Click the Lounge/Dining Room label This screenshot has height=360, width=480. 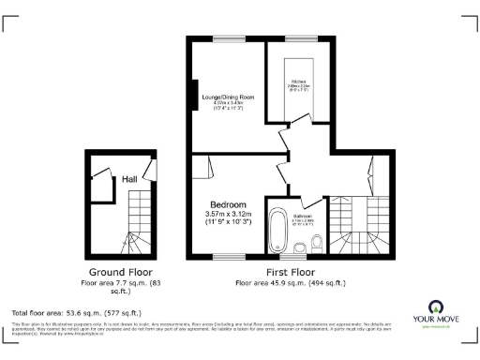coord(230,97)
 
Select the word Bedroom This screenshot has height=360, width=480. coord(228,204)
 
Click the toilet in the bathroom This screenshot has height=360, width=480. coord(318,245)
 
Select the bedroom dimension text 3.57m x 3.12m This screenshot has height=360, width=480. coord(228,215)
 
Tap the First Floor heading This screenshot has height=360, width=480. coord(288,271)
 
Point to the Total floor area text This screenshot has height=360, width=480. coord(76,312)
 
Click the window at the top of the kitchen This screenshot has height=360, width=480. coord(295,38)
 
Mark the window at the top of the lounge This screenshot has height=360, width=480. coord(228,38)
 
